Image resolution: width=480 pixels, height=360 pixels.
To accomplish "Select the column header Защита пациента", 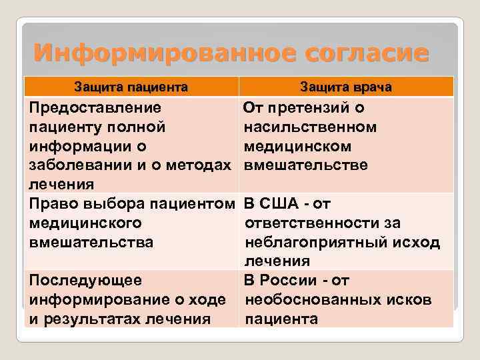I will (131, 87).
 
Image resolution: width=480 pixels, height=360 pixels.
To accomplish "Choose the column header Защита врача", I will (345, 87).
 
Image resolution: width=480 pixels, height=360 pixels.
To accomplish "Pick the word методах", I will (199, 165).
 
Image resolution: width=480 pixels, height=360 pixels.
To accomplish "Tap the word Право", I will (51, 203).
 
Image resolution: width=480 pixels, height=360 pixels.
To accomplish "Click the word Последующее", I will (85, 280).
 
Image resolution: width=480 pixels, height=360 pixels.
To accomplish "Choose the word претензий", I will (314, 107).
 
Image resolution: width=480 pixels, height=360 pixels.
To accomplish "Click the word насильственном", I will (311, 127).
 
